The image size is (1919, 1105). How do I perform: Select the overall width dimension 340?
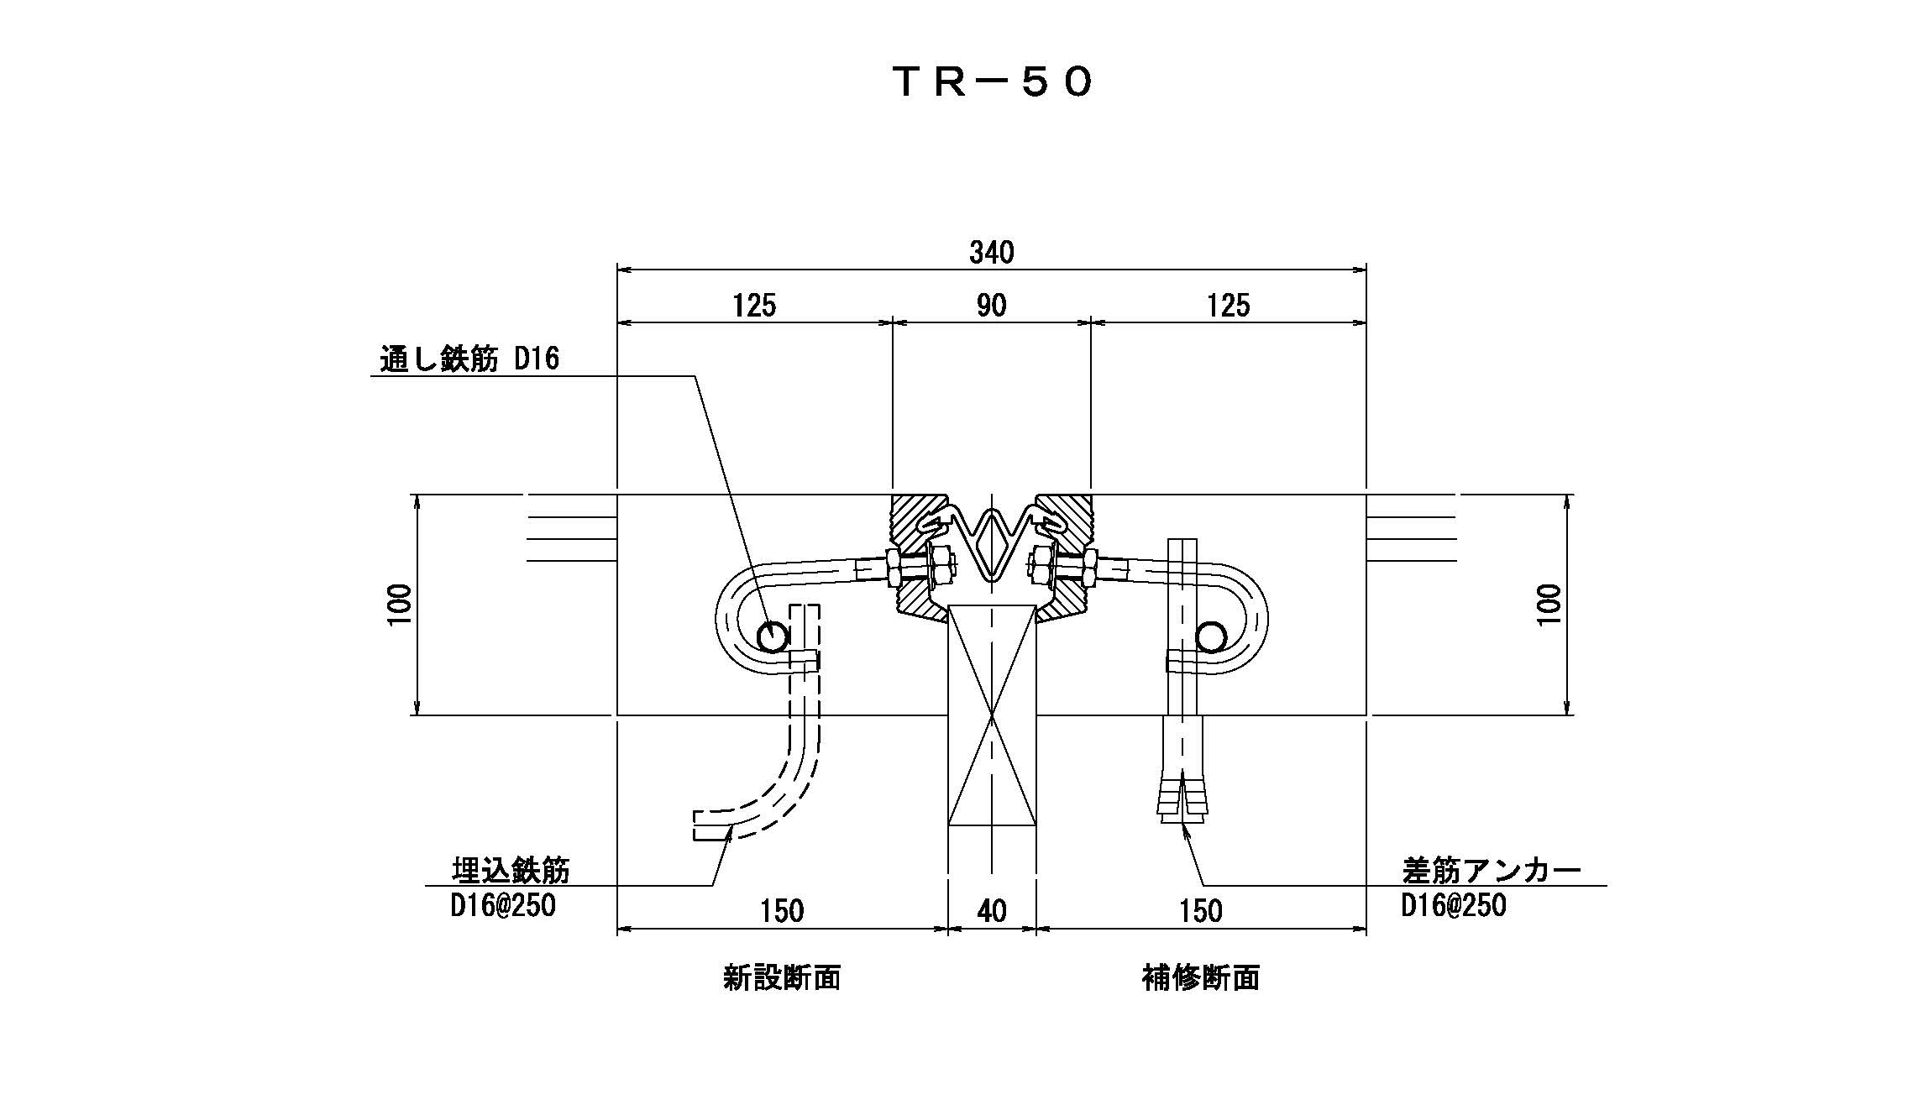992,252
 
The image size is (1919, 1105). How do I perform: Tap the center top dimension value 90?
991,306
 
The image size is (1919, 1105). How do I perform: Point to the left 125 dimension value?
753,306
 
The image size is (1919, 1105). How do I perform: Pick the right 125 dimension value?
1228,306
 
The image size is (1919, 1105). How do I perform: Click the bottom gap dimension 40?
992,911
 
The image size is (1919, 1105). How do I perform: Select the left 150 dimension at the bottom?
781,911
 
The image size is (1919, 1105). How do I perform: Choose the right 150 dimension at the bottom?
1200,911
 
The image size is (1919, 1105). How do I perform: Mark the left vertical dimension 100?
401,604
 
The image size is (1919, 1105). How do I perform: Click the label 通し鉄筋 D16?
469,360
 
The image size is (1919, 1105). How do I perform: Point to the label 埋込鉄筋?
510,871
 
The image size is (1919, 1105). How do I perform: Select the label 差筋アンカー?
1492,871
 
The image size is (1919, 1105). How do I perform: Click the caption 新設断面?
781,978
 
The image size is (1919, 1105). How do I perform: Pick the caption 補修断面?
1200,978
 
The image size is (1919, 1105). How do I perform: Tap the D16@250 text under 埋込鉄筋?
503,906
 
